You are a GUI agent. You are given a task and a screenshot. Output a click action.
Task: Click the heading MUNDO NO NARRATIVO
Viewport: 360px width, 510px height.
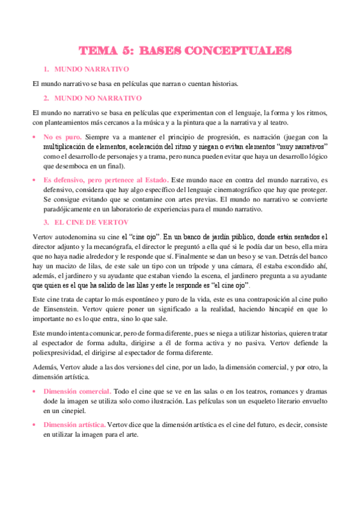(98, 97)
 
